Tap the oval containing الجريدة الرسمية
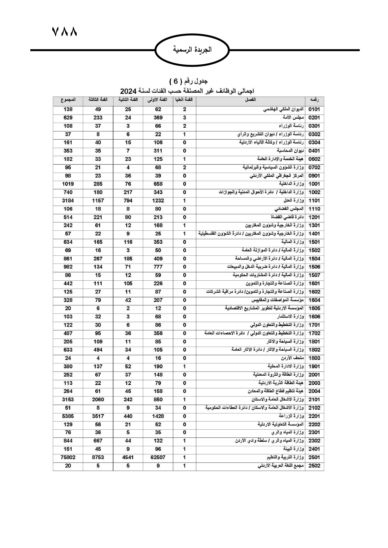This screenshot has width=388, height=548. [x=192, y=50]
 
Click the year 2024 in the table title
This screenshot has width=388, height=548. [x=128, y=91]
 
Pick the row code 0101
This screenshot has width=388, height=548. [x=314, y=109]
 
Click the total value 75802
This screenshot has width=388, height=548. [x=68, y=457]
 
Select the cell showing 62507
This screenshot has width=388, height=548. [x=158, y=457]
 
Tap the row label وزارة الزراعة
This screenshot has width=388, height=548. [x=291, y=416]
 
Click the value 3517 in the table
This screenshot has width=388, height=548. [x=98, y=416]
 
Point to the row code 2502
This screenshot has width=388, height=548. [x=314, y=466]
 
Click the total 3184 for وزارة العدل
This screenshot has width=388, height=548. [x=68, y=201]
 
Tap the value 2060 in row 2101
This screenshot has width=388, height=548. [x=98, y=399]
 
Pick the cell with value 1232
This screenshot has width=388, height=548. [x=158, y=201]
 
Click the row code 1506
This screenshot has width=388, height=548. [x=314, y=267]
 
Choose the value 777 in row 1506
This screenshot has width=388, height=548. [x=158, y=267]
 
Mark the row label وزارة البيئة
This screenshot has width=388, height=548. [x=294, y=449]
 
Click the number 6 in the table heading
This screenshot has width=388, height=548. [x=176, y=82]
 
